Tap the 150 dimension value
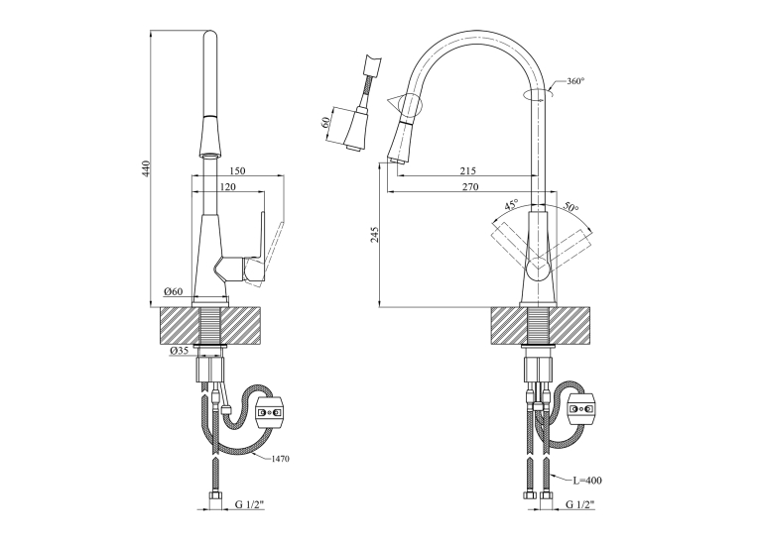[x=237, y=170]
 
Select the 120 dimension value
[x=227, y=187]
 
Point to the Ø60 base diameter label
[x=173, y=291]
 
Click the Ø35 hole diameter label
[x=179, y=351]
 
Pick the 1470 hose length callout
[x=280, y=459]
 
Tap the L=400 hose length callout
[x=586, y=481]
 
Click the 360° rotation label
[x=575, y=81]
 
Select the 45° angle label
[x=511, y=204]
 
